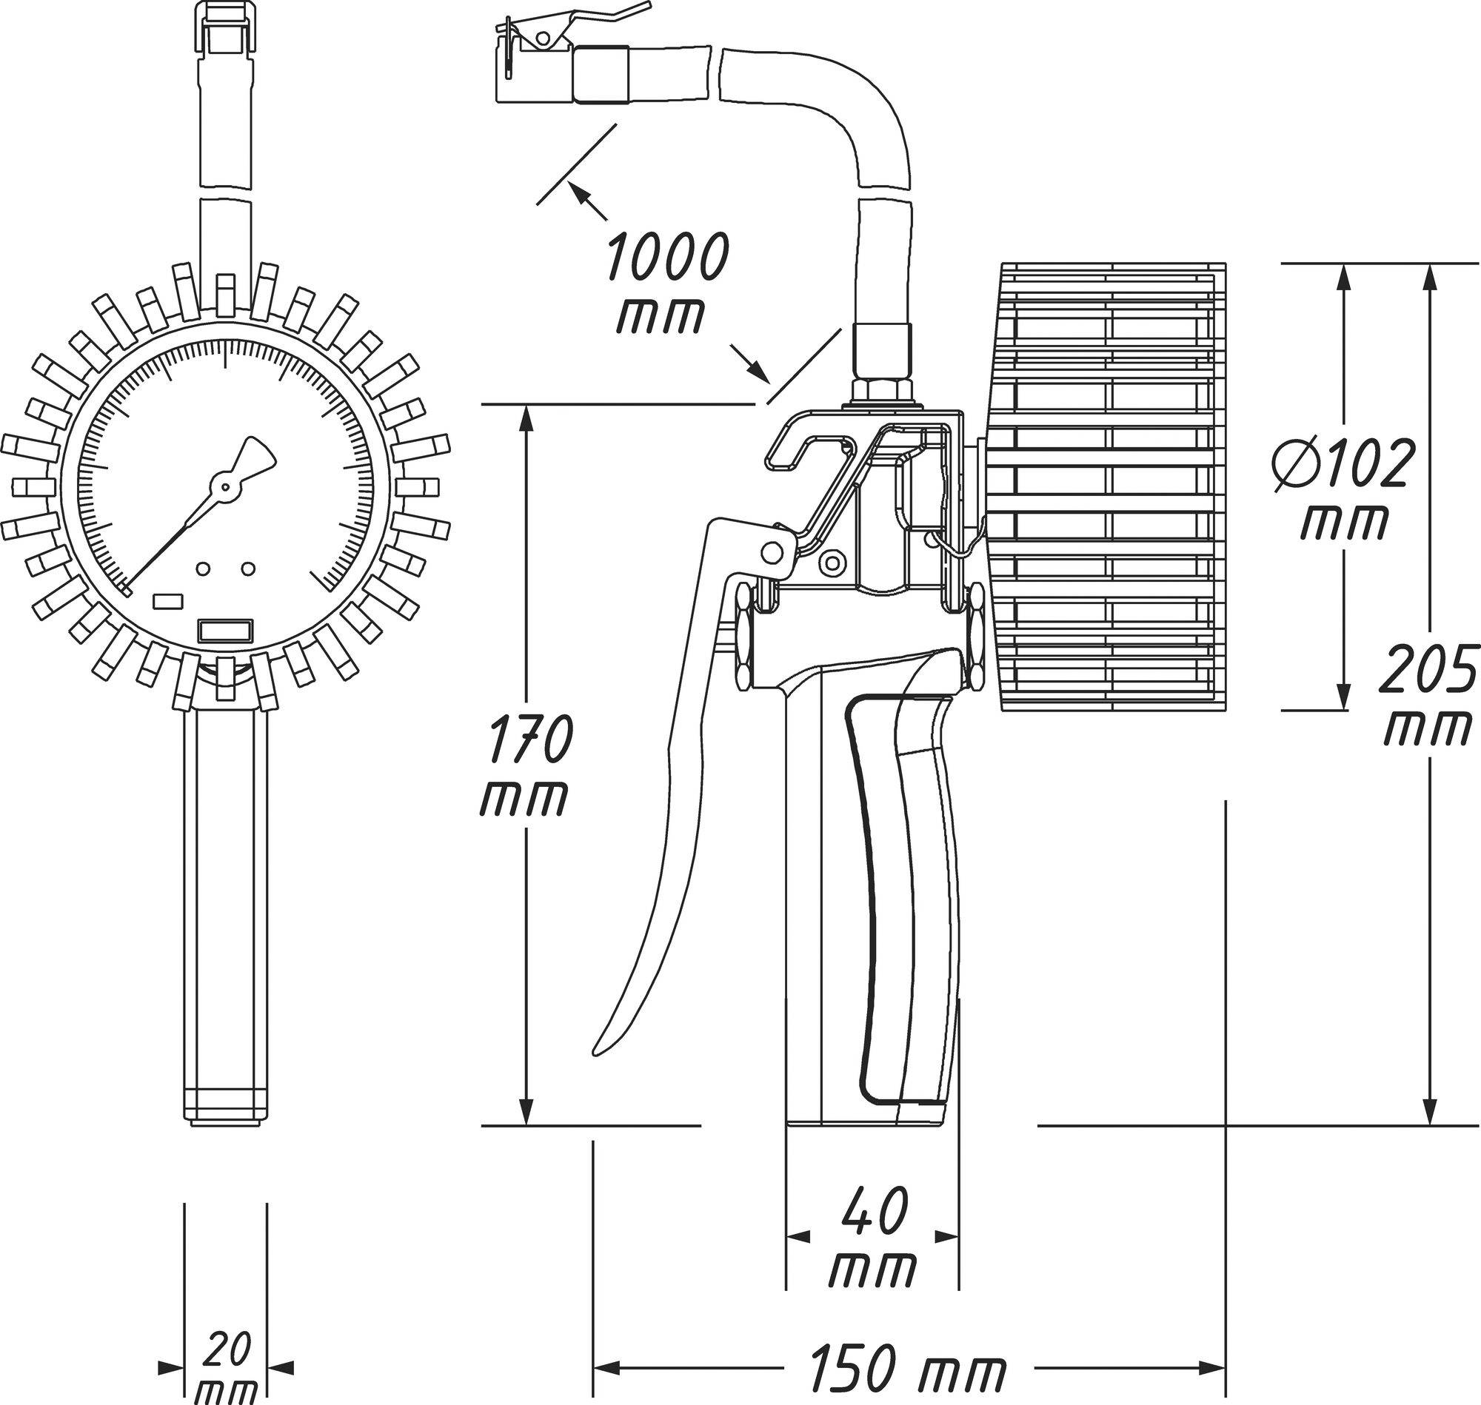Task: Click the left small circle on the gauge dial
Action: (x=202, y=569)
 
